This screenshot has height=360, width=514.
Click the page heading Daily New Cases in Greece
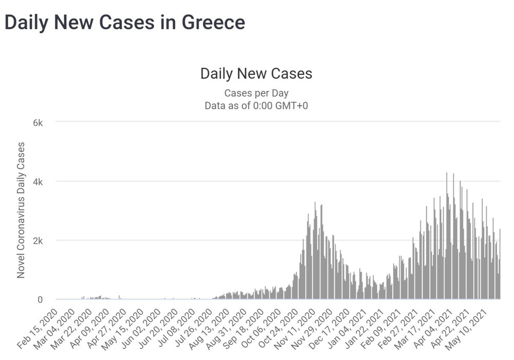(x=124, y=23)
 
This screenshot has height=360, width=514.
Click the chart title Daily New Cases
(x=256, y=73)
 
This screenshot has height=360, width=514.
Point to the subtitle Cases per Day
(x=256, y=93)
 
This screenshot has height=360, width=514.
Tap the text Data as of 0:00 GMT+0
(x=256, y=106)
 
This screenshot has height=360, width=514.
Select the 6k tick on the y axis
(x=41, y=123)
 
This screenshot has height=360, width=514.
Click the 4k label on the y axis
(x=41, y=182)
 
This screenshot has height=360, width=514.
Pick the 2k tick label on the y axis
(x=41, y=241)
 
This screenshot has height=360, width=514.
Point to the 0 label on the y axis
(x=44, y=299)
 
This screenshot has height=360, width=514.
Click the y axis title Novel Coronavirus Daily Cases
(x=21, y=211)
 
